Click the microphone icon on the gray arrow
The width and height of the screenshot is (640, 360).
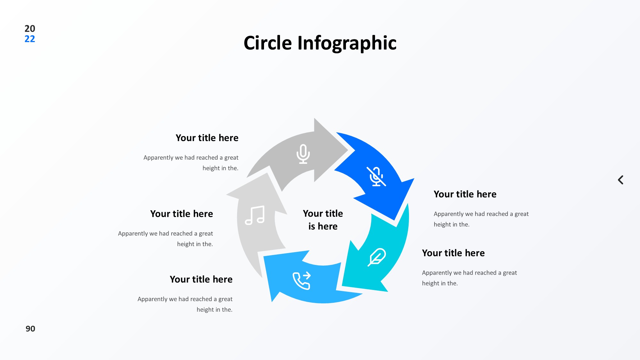pyautogui.click(x=303, y=154)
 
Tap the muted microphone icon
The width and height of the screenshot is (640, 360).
pyautogui.click(x=376, y=176)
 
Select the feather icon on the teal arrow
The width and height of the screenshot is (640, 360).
pyautogui.click(x=377, y=257)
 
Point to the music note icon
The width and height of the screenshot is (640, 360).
pyautogui.click(x=255, y=215)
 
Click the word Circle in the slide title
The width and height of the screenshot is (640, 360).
pyautogui.click(x=268, y=43)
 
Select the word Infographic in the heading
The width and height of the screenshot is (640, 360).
pyautogui.click(x=347, y=44)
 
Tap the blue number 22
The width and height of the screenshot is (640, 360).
pyautogui.click(x=30, y=39)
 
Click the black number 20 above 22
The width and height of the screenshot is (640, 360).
pyautogui.click(x=30, y=28)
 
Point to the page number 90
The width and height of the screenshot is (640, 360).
pyautogui.click(x=30, y=329)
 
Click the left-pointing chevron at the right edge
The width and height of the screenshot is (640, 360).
pyautogui.click(x=620, y=180)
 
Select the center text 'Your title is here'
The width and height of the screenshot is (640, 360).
pyautogui.click(x=323, y=220)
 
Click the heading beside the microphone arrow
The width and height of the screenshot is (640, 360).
pyautogui.click(x=207, y=138)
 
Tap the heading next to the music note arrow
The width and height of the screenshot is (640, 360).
pyautogui.click(x=181, y=214)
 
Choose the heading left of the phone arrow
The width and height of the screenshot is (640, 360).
pyautogui.click(x=201, y=279)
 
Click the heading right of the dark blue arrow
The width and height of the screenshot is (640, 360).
pyautogui.click(x=465, y=194)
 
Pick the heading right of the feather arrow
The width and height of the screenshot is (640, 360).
pyautogui.click(x=453, y=253)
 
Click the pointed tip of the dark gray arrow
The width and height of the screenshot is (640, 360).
pyautogui.click(x=348, y=149)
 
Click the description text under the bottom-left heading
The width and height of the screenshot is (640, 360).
pyautogui.click(x=185, y=304)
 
